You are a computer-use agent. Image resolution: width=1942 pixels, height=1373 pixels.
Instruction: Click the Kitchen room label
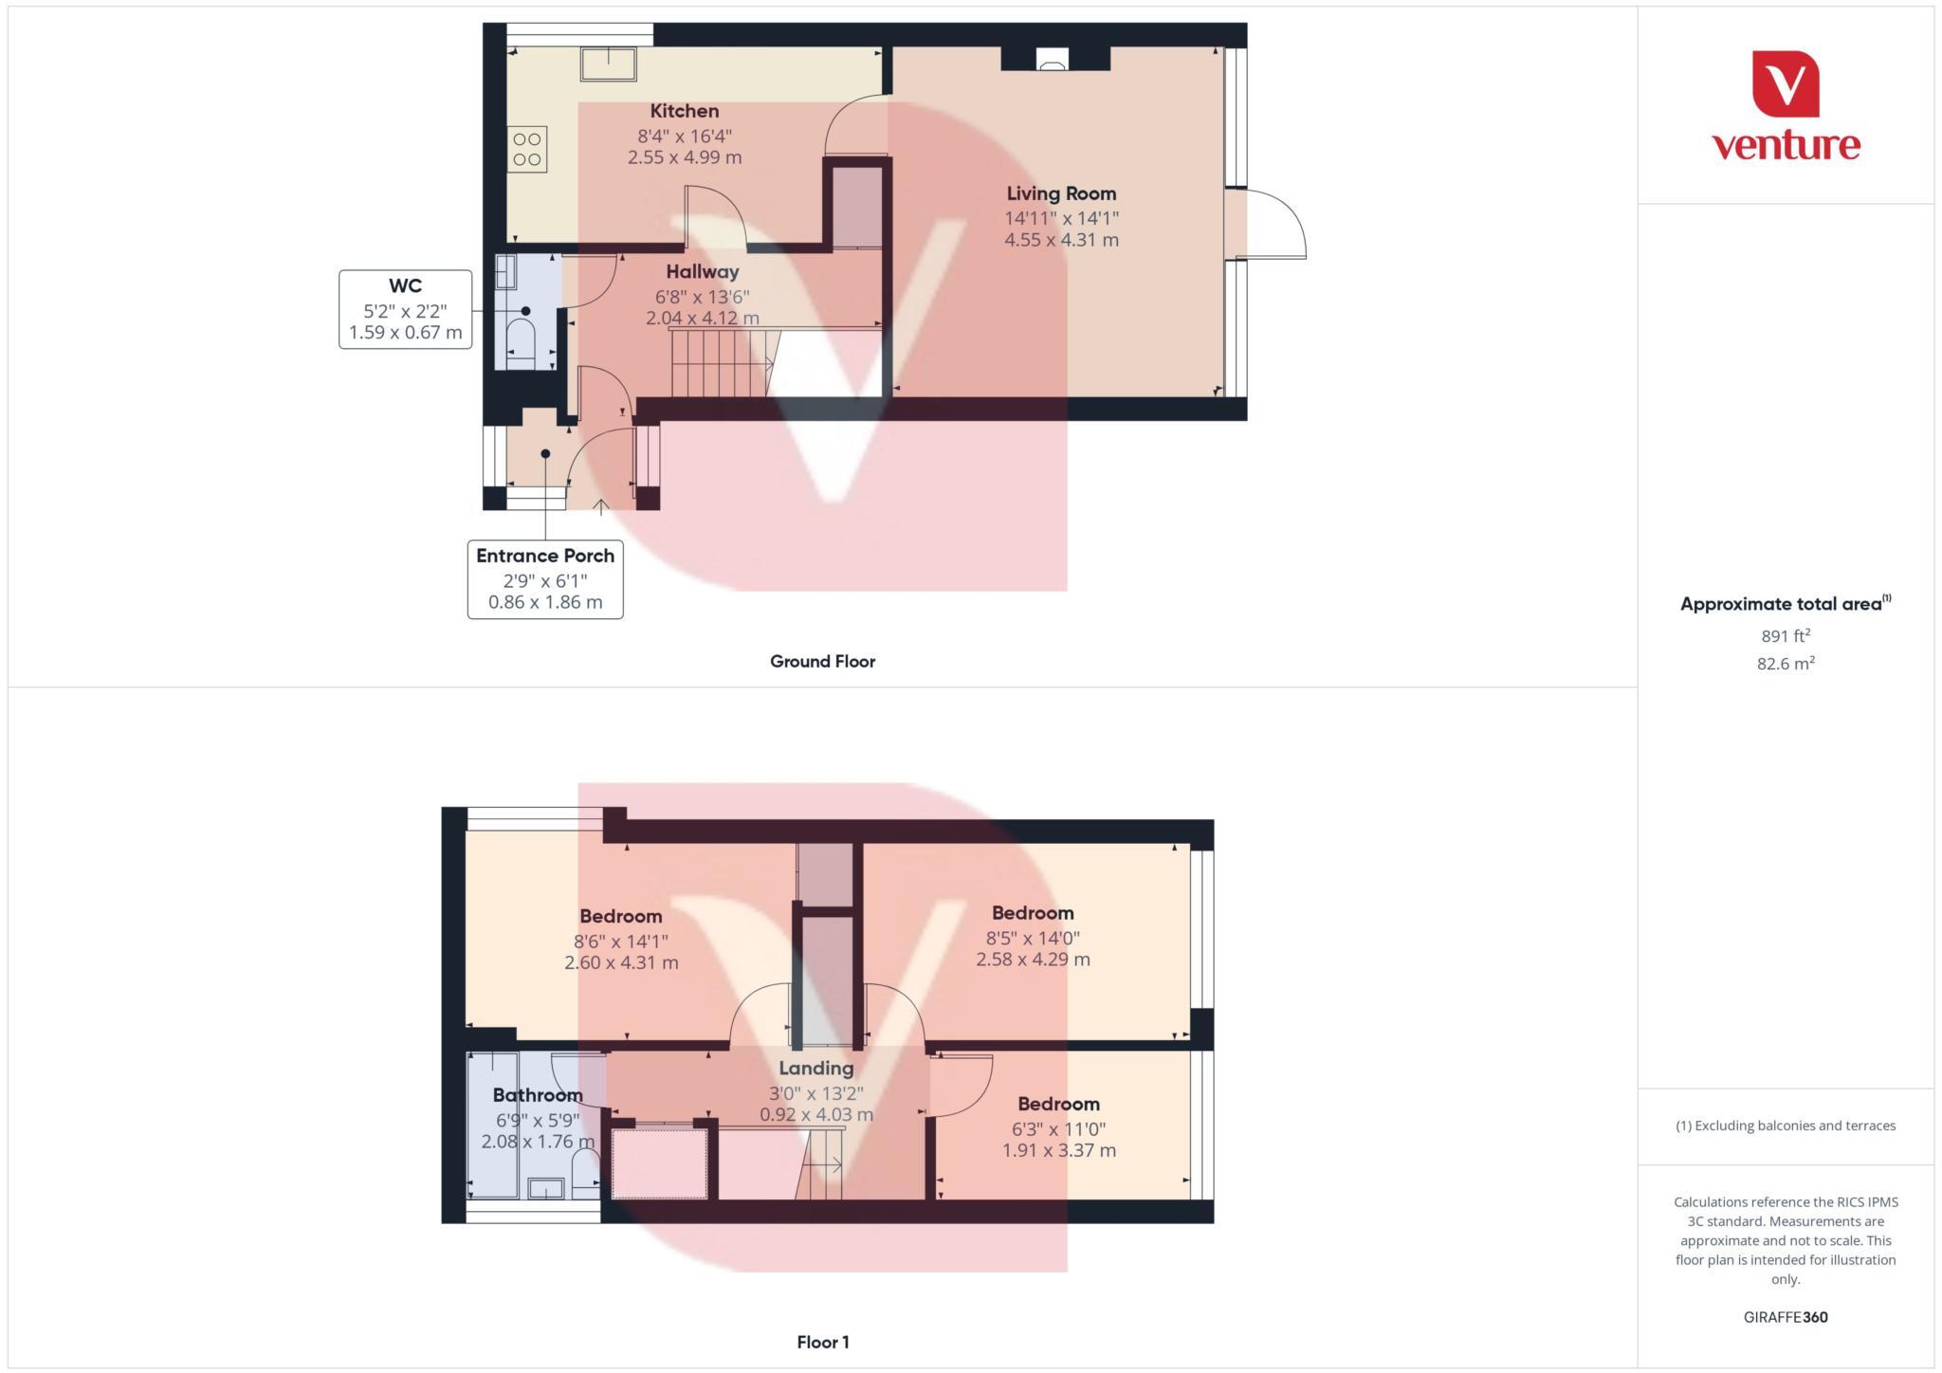(684, 111)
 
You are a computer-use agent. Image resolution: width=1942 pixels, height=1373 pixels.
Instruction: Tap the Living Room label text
(1061, 193)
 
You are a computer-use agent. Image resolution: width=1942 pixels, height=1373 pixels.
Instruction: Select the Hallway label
(702, 272)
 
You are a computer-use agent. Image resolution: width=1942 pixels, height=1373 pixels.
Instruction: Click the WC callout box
(405, 309)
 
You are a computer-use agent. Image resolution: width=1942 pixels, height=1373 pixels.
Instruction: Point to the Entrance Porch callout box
(545, 578)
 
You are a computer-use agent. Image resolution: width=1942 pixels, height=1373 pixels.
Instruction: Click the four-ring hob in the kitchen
(527, 150)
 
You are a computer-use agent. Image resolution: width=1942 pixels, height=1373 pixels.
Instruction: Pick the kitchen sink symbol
(609, 64)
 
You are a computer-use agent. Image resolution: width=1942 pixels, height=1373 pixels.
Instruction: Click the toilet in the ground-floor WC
(521, 339)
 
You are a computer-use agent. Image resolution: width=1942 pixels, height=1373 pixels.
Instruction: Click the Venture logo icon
(1786, 84)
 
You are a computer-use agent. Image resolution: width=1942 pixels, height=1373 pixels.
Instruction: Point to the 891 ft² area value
(1786, 636)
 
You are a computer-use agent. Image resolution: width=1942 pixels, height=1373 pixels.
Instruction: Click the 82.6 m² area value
(1786, 664)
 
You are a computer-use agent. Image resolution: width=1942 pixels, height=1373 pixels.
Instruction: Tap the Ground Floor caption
(822, 662)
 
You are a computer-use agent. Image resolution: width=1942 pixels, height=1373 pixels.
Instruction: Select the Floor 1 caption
(823, 1342)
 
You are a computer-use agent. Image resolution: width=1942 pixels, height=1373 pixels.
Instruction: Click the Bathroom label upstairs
(538, 1095)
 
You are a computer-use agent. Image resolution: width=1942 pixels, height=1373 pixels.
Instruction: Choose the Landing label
(815, 1068)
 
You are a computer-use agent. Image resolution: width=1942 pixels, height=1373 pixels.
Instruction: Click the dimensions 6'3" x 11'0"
(1058, 1128)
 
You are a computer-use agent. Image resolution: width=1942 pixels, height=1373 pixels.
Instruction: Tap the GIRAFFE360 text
(1786, 1317)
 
